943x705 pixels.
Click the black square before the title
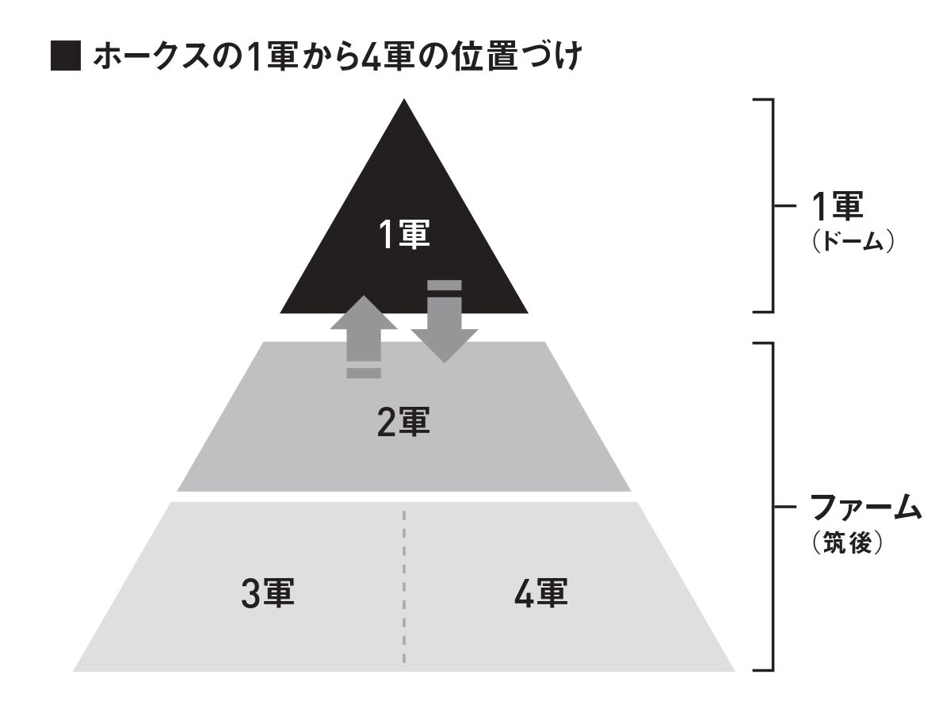tap(66, 58)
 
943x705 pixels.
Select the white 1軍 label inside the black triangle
tap(404, 236)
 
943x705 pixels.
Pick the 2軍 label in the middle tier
tap(403, 421)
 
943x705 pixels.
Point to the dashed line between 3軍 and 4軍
tap(403, 587)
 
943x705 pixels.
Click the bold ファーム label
tap(865, 506)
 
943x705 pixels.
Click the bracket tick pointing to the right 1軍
tap(784, 205)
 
